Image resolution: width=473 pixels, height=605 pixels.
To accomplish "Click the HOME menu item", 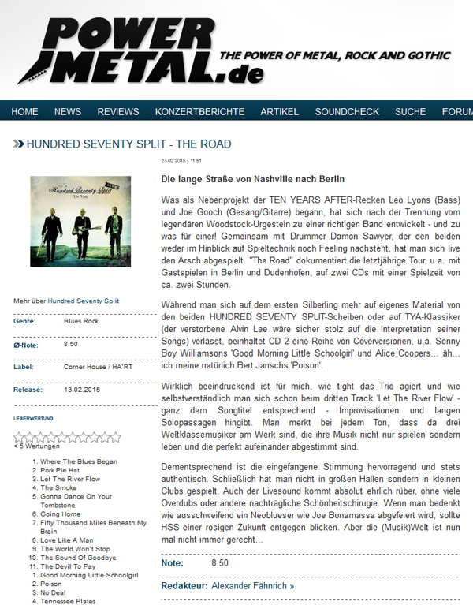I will coord(24,112).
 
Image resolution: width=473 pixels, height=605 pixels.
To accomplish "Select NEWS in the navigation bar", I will coord(68,112).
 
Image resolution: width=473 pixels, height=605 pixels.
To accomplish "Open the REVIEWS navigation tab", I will coord(118,112).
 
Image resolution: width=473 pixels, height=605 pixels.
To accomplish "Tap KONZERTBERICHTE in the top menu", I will coord(199,112).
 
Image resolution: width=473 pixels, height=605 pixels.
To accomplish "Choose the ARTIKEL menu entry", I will coord(279,112).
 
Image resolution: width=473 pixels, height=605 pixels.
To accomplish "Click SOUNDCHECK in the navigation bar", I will coord(347,112).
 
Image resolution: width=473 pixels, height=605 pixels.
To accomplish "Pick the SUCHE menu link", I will coord(410,112).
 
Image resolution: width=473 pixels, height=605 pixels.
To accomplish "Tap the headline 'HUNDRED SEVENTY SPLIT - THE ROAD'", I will coord(128,144).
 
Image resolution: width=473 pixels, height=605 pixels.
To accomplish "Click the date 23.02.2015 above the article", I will coord(173,161).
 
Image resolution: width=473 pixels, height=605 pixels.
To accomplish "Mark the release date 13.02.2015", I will coord(82,389).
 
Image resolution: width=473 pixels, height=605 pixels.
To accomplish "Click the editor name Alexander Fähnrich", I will coord(252,586).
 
